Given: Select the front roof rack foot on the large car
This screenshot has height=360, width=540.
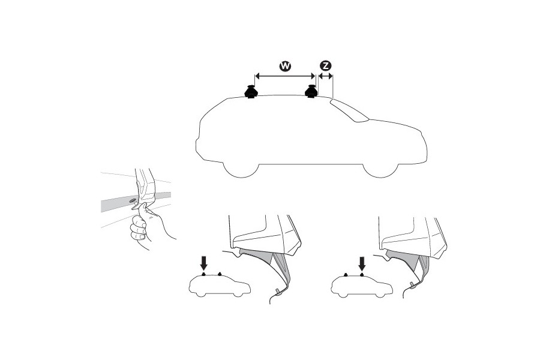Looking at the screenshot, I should [x=311, y=92].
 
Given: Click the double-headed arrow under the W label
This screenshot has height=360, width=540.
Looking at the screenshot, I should [x=285, y=76].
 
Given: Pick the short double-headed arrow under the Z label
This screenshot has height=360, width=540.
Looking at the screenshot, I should [x=325, y=76].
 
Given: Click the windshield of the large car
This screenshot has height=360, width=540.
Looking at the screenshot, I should [x=349, y=110].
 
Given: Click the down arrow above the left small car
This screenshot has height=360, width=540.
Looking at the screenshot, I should [x=204, y=262].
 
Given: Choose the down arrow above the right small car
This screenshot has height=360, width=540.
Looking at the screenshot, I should [x=361, y=263].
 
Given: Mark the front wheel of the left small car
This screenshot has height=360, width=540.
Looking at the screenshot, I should [x=238, y=294].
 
